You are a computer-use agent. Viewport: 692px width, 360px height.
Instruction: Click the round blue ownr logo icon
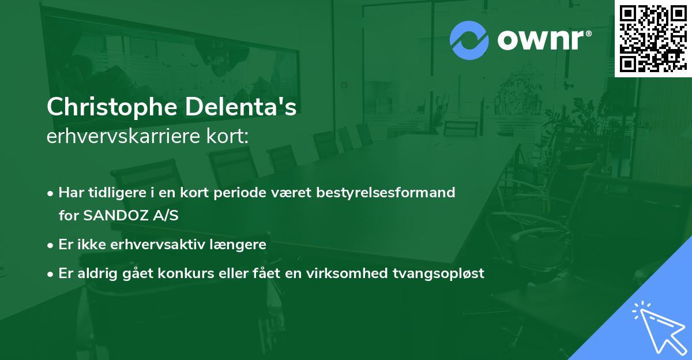tap(469, 40)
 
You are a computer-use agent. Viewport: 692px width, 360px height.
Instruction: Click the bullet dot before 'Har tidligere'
tap(51, 193)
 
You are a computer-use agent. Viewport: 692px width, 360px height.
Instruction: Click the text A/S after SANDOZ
tap(164, 216)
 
